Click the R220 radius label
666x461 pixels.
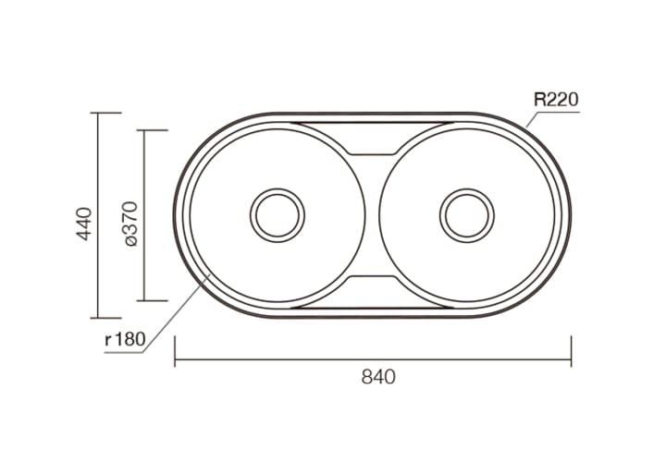coord(556,100)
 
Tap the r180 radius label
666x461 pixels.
coord(125,340)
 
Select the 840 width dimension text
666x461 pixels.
coord(378,377)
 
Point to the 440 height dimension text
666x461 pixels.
coord(85,224)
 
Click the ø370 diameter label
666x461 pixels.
coord(131,224)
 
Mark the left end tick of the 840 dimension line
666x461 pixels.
coord(175,351)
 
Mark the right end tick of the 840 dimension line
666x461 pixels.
coord(572,351)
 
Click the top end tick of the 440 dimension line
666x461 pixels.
coord(105,113)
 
